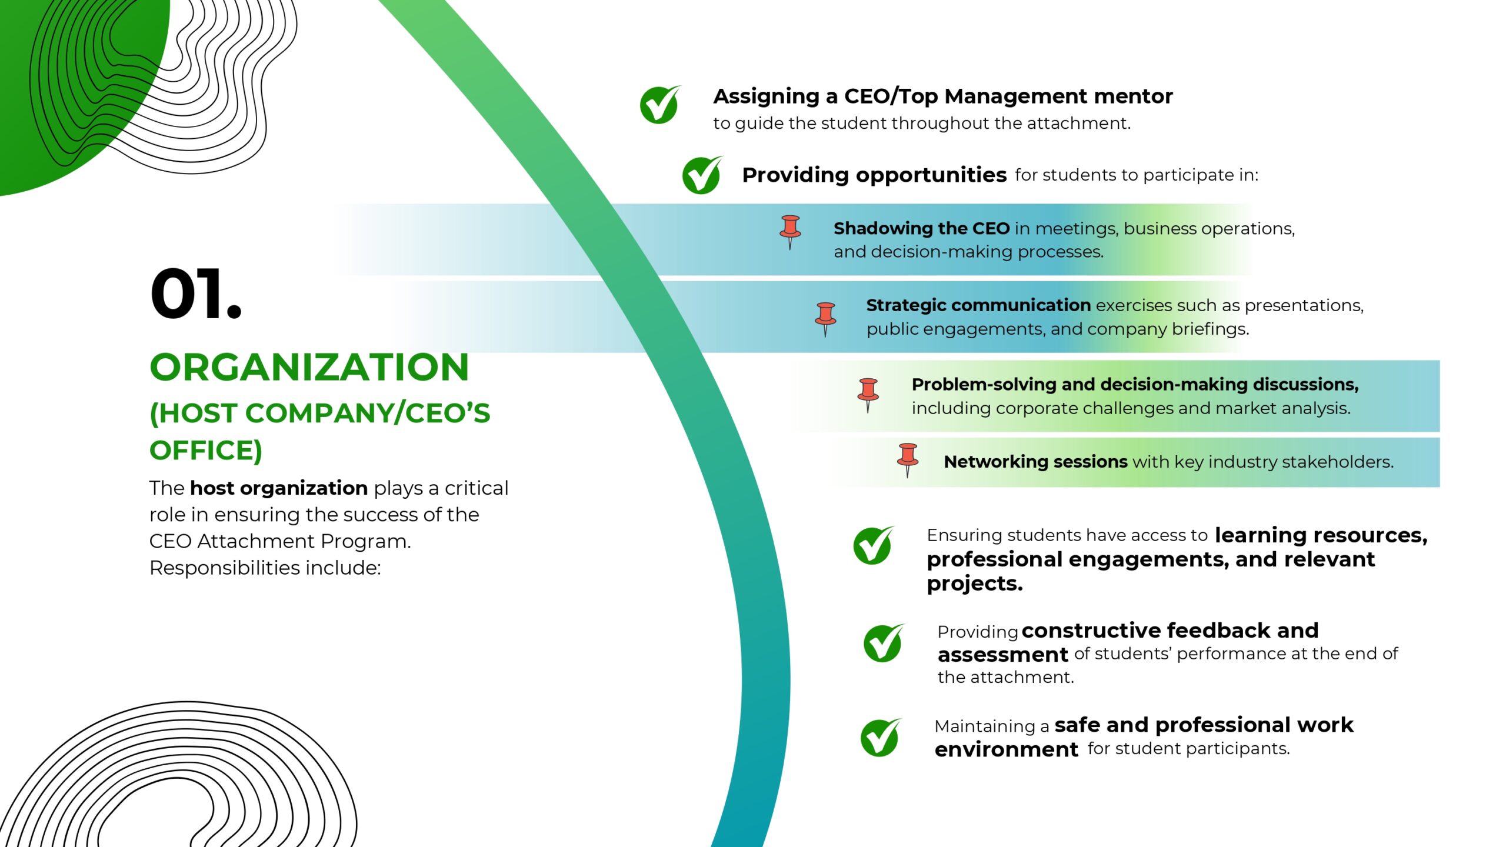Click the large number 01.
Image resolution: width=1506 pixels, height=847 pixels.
[196, 294]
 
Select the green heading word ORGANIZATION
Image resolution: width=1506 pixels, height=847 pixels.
[309, 367]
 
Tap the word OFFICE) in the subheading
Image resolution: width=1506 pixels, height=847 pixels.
[206, 451]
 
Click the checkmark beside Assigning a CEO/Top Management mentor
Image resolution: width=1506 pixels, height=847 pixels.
[660, 104]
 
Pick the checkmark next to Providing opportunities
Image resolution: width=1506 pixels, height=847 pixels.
[702, 175]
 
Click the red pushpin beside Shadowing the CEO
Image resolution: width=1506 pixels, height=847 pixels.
[790, 232]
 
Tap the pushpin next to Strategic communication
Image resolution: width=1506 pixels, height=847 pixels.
[825, 319]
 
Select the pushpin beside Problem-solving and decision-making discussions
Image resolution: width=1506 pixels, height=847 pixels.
[868, 395]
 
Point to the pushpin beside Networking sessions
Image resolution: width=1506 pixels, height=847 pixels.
[908, 460]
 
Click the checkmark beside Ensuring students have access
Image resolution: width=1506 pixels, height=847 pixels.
[874, 545]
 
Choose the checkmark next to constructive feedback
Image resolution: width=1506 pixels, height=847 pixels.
[884, 643]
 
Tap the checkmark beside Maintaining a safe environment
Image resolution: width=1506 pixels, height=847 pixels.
[881, 737]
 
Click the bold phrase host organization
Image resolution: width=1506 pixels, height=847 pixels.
[279, 488]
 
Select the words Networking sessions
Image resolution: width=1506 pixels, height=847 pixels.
[1035, 462]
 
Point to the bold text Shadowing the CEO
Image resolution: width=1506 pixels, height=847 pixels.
[921, 228]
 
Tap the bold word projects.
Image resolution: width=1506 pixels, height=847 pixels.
[975, 584]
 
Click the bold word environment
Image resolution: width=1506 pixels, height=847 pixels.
[1007, 749]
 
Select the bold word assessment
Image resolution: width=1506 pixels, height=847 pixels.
[1003, 655]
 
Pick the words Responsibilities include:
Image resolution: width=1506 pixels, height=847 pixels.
[265, 568]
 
